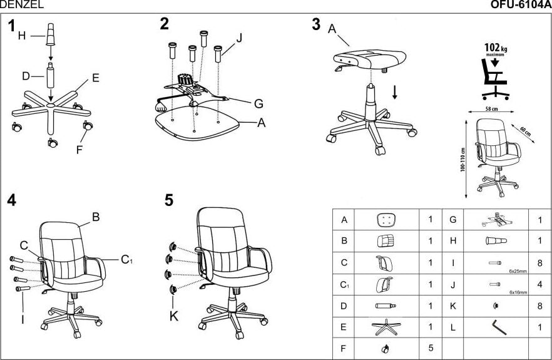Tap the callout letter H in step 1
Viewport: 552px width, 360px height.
pos(22,36)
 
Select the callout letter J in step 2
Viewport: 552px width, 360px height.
pos(238,38)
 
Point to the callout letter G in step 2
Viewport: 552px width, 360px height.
pos(258,103)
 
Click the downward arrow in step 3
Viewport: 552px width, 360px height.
pos(395,92)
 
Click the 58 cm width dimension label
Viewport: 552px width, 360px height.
pos(491,109)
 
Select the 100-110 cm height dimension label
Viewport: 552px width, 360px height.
pos(463,160)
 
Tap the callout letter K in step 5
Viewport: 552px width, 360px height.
pos(174,316)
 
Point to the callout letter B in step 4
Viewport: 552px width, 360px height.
pos(96,217)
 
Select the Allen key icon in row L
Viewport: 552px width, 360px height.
pos(498,326)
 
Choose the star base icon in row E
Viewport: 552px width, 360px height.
pos(387,326)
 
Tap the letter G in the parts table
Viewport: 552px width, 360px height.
pos(452,220)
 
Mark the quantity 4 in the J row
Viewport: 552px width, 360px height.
pos(539,284)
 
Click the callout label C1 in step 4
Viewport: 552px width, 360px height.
pos(127,259)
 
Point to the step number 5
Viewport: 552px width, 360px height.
pos(169,201)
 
